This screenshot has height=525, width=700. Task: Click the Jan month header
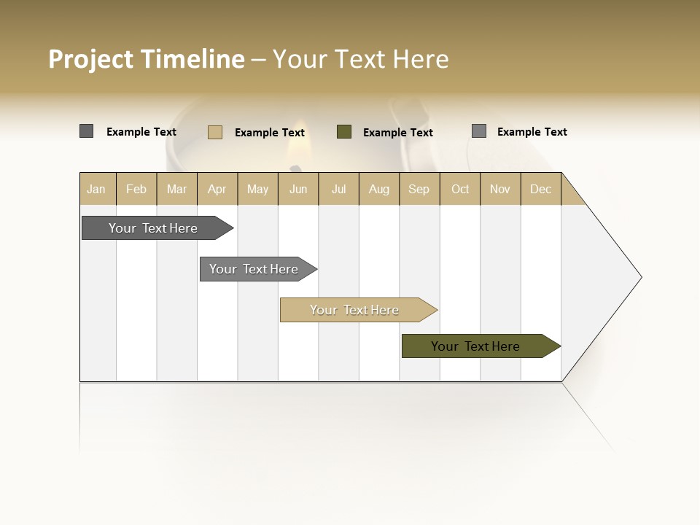point(96,189)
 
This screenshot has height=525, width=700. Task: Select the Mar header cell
point(176,189)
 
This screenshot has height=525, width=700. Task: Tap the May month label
point(257,189)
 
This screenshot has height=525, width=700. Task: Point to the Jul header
point(338,189)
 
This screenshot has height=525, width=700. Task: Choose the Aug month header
point(378,189)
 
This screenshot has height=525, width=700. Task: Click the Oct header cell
point(460,189)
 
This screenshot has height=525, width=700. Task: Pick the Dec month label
point(540,189)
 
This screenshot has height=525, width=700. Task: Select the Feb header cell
point(136,189)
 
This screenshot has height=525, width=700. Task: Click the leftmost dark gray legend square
point(87,131)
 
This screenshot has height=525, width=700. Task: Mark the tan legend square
point(215,132)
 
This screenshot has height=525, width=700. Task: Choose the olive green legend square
point(344,132)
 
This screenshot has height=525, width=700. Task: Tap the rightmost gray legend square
point(479,131)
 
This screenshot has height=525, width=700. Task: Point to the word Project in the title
point(92,59)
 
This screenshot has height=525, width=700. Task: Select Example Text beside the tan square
point(270,133)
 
